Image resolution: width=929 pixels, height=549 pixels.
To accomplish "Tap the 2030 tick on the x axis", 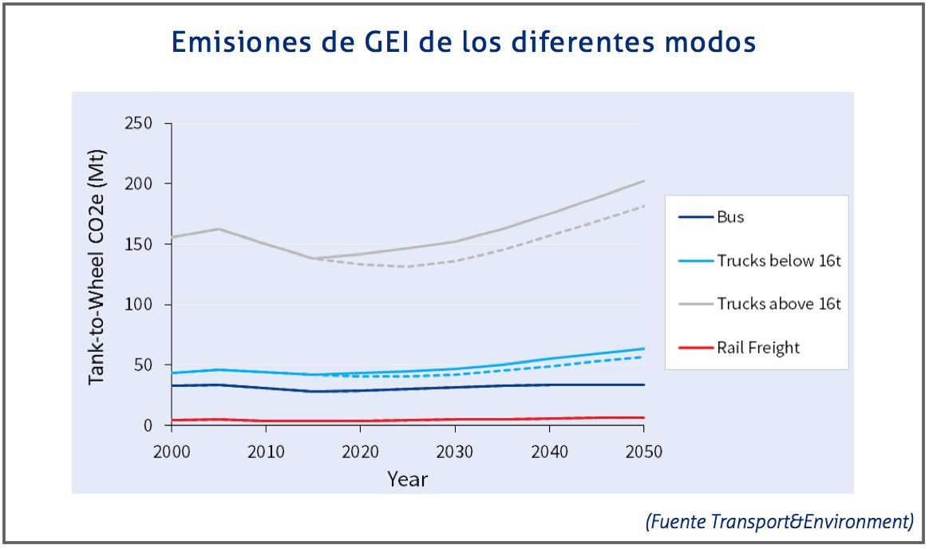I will point(455,452).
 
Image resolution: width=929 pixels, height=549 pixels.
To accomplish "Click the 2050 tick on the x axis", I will point(643,452).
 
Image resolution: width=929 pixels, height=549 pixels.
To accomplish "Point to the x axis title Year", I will point(407,479).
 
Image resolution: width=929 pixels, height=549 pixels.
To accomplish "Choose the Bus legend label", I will point(730,217).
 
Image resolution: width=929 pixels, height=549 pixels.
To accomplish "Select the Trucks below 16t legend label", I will point(778,261).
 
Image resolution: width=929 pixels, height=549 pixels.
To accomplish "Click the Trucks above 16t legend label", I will point(778,304).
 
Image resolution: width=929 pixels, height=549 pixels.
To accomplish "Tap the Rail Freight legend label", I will point(757,347).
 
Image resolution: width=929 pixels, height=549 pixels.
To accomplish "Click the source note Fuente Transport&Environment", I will point(778,522).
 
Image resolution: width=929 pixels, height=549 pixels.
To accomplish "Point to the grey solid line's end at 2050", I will point(643,181).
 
